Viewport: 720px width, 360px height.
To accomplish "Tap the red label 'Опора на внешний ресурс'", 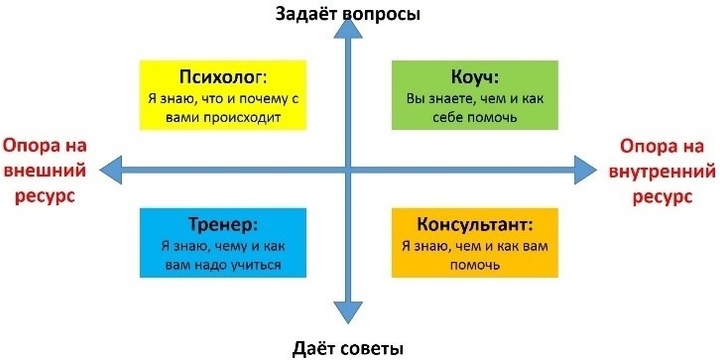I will [x=45, y=171].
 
